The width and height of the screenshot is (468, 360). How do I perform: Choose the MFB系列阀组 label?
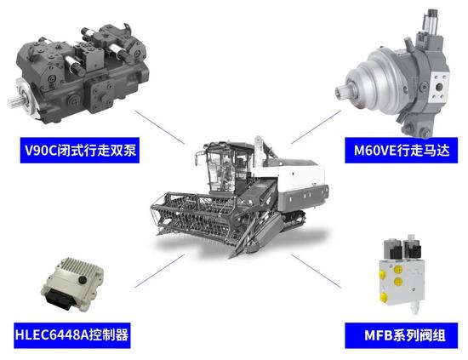coord(397,334)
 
